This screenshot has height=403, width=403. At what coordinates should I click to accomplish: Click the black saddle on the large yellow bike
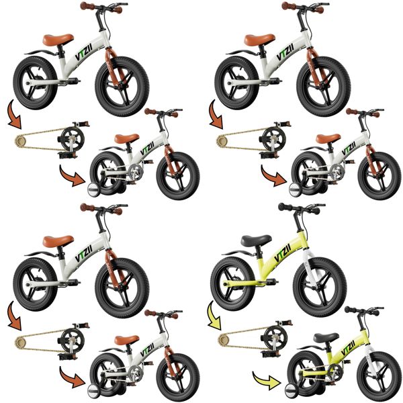coord(256,240)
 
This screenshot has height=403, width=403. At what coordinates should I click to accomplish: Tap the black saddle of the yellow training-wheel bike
coord(326,337)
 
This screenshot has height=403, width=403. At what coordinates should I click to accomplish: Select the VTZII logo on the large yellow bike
coord(282,253)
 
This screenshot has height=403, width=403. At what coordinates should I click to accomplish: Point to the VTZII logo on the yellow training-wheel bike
coord(348,348)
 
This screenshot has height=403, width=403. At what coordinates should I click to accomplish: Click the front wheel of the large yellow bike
coord(320,286)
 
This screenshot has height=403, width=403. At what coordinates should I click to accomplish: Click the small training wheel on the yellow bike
coord(294,391)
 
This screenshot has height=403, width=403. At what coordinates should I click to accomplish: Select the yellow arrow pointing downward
coord(215,315)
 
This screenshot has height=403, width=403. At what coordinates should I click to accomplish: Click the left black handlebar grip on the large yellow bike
coord(283,207)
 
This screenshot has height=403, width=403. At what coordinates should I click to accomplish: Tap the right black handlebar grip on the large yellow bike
coord(315,212)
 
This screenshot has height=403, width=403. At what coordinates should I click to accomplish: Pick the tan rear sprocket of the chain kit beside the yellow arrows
coord(223,341)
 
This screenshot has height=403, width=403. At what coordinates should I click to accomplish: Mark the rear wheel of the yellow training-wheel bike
coord(306,372)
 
